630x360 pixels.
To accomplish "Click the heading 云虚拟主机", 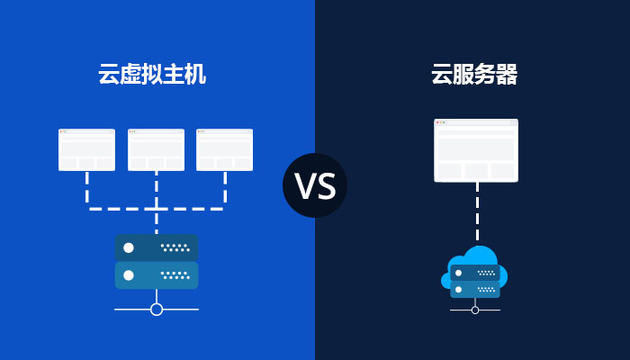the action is [152, 74].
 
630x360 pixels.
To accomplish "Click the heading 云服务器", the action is [474, 74].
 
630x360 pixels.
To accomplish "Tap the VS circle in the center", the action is [315, 185].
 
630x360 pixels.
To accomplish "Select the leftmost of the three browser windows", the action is [86, 149].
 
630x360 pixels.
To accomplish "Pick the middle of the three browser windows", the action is [157, 149].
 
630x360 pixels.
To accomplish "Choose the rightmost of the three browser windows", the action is [225, 149].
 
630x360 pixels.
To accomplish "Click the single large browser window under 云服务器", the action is [476, 150].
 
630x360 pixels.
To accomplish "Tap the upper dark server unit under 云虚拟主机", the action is [157, 247].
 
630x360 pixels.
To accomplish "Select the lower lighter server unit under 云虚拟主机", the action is [157, 275].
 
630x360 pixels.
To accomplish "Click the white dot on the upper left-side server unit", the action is [129, 247].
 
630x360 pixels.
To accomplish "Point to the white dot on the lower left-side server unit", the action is [129, 275].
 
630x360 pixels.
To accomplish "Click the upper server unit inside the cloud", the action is [475, 273].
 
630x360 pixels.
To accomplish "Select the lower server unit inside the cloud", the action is [475, 290].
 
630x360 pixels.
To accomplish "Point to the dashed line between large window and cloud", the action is [477, 211].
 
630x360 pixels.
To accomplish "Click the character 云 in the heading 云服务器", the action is [442, 74].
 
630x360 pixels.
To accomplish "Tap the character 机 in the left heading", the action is [195, 74].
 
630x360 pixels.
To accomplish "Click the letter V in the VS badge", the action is [304, 185].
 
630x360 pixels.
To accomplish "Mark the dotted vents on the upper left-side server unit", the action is [175, 247].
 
